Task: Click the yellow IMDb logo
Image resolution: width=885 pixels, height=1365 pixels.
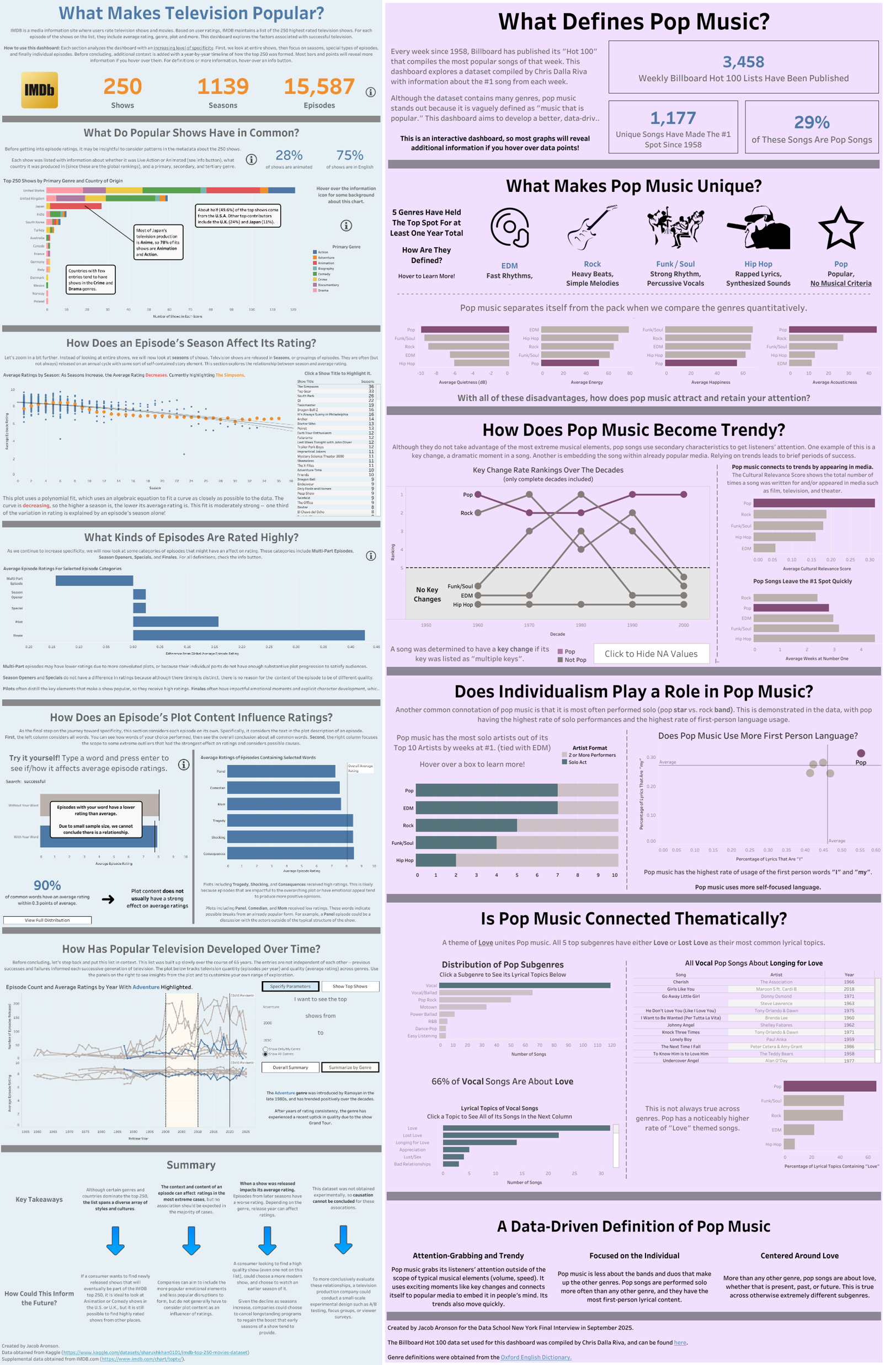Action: coord(40,90)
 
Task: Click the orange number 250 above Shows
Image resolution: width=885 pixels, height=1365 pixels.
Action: coord(122,87)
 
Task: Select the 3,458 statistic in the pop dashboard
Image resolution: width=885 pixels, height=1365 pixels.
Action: coord(743,62)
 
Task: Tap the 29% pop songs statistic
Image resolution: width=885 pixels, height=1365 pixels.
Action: coord(811,122)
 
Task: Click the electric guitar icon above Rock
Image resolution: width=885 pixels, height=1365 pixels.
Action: coord(591,228)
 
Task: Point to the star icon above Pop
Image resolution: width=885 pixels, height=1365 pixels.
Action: coord(840,228)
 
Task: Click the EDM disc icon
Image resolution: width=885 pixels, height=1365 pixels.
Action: coord(509,228)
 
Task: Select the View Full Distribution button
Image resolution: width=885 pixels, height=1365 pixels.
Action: coord(47,920)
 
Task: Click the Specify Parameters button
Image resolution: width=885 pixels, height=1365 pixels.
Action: coord(290,987)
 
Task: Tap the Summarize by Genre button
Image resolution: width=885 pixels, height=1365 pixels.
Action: coord(349,1067)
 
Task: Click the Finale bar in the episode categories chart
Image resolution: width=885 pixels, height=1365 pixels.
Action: coord(248,635)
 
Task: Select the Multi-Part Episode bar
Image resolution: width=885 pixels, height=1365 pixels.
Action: coord(94,580)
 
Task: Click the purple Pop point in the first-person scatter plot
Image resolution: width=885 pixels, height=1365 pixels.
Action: coord(860,753)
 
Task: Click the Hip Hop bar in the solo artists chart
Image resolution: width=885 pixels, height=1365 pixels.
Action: coord(436,860)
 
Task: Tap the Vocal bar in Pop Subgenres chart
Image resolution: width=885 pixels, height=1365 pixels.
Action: coord(524,986)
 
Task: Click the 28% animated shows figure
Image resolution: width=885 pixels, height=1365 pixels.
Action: coord(289,156)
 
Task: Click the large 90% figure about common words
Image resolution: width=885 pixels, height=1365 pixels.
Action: coord(47,886)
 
